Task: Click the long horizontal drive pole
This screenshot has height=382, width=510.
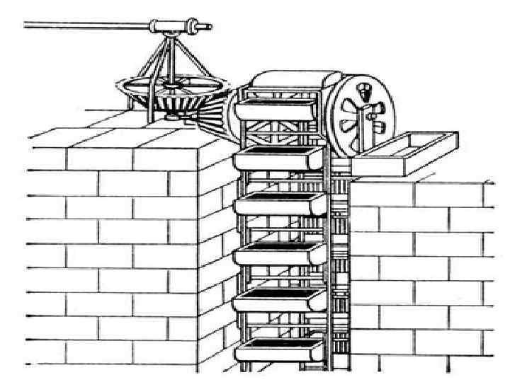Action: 85,27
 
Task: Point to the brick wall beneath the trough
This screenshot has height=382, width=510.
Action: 425,269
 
